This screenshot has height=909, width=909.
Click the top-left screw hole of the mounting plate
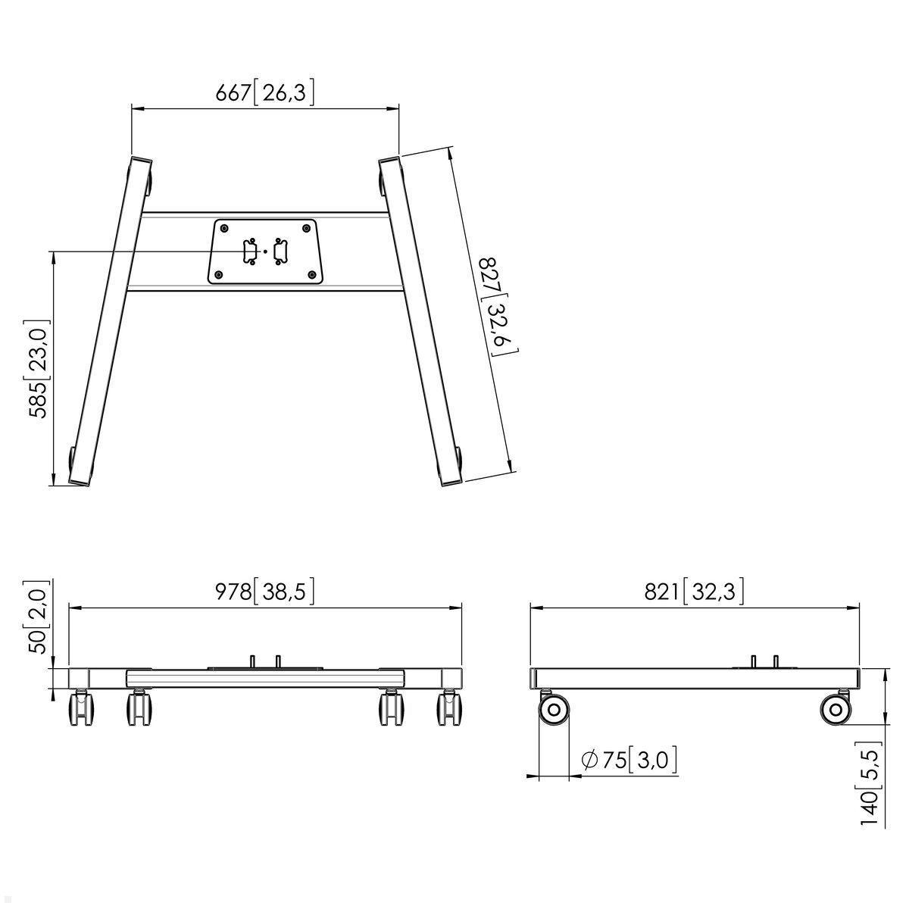click(x=224, y=227)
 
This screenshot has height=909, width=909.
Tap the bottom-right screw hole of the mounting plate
click(x=312, y=275)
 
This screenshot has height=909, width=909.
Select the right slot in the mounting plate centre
click(x=280, y=251)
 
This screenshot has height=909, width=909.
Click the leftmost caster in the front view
click(x=82, y=709)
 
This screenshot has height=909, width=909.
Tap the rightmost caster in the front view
click(x=449, y=709)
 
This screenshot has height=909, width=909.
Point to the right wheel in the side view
click(x=835, y=710)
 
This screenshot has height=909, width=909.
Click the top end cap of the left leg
click(x=141, y=162)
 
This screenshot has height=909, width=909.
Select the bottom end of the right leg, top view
click(x=450, y=479)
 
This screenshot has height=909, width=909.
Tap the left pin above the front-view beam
click(x=252, y=661)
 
